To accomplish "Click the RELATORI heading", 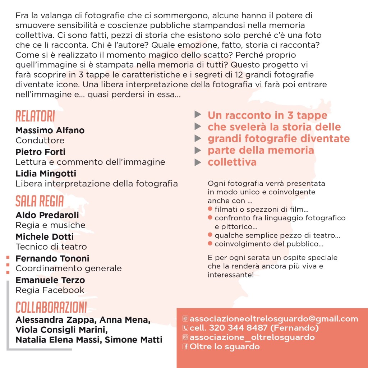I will [x=35, y=117].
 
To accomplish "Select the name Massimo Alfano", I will [x=50, y=130].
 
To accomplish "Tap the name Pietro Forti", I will [x=40, y=152].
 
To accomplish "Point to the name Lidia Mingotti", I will [x=46, y=174].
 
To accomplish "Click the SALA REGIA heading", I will [x=40, y=202].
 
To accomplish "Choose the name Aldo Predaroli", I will [x=47, y=215].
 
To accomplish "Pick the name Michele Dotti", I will [x=45, y=237].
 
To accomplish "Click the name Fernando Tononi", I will [x=52, y=258].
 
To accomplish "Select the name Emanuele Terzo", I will [x=50, y=280].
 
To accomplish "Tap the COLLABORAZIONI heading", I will [x=51, y=308].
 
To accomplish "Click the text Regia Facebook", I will [x=50, y=290].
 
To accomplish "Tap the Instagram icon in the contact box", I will [x=185, y=337].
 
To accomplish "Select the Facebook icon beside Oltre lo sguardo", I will [x=185, y=347].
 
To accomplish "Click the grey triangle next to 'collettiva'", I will [x=198, y=162].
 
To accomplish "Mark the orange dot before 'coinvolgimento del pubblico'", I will [x=210, y=244].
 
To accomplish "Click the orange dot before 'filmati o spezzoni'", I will [x=210, y=209].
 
